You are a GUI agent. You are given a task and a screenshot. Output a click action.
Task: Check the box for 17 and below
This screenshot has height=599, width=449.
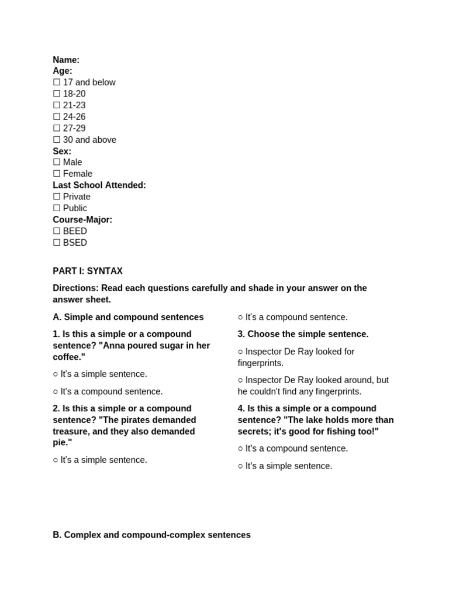[x=57, y=82]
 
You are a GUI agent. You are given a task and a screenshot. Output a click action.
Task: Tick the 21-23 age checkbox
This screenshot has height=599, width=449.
[x=57, y=105]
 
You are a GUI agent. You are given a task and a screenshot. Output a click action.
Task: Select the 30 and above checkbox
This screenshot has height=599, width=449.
[x=57, y=140]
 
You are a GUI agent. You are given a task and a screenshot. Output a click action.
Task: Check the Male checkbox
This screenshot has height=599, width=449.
[x=57, y=162]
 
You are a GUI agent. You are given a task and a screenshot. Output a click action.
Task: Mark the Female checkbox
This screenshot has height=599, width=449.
[x=57, y=174]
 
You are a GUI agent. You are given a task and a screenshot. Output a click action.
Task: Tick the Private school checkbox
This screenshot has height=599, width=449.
[x=57, y=197]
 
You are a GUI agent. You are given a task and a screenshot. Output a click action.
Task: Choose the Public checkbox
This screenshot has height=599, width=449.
[x=57, y=208]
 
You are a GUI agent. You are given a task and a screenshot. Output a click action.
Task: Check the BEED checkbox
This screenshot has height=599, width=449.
[x=57, y=231]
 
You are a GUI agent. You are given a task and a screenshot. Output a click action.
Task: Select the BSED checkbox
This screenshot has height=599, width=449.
[x=57, y=243]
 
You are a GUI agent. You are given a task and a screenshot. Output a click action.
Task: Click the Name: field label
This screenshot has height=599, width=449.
[x=66, y=60]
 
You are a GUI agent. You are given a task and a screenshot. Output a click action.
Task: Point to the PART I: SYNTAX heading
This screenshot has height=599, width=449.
[x=88, y=271]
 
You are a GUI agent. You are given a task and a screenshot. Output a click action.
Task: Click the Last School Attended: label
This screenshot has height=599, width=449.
[x=99, y=185]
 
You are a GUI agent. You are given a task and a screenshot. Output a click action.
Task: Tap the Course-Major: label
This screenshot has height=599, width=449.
[x=82, y=220]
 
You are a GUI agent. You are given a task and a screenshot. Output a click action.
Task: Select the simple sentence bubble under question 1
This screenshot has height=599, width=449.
[x=56, y=374]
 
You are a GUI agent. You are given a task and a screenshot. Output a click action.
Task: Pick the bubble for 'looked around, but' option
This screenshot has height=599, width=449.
[x=240, y=380]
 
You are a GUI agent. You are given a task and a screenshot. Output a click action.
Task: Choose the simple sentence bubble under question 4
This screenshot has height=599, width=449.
[x=240, y=466]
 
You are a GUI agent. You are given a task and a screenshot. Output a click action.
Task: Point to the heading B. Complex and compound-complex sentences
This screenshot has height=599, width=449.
[x=151, y=535]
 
